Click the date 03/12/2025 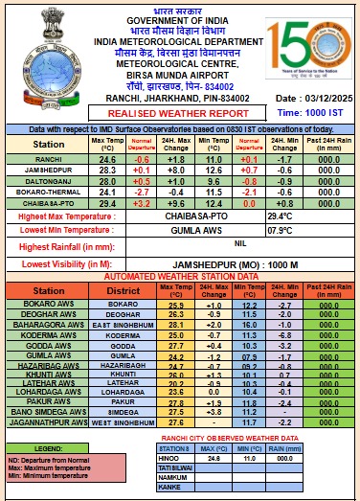315,100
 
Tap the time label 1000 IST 320,113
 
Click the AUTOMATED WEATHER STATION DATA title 180,276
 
